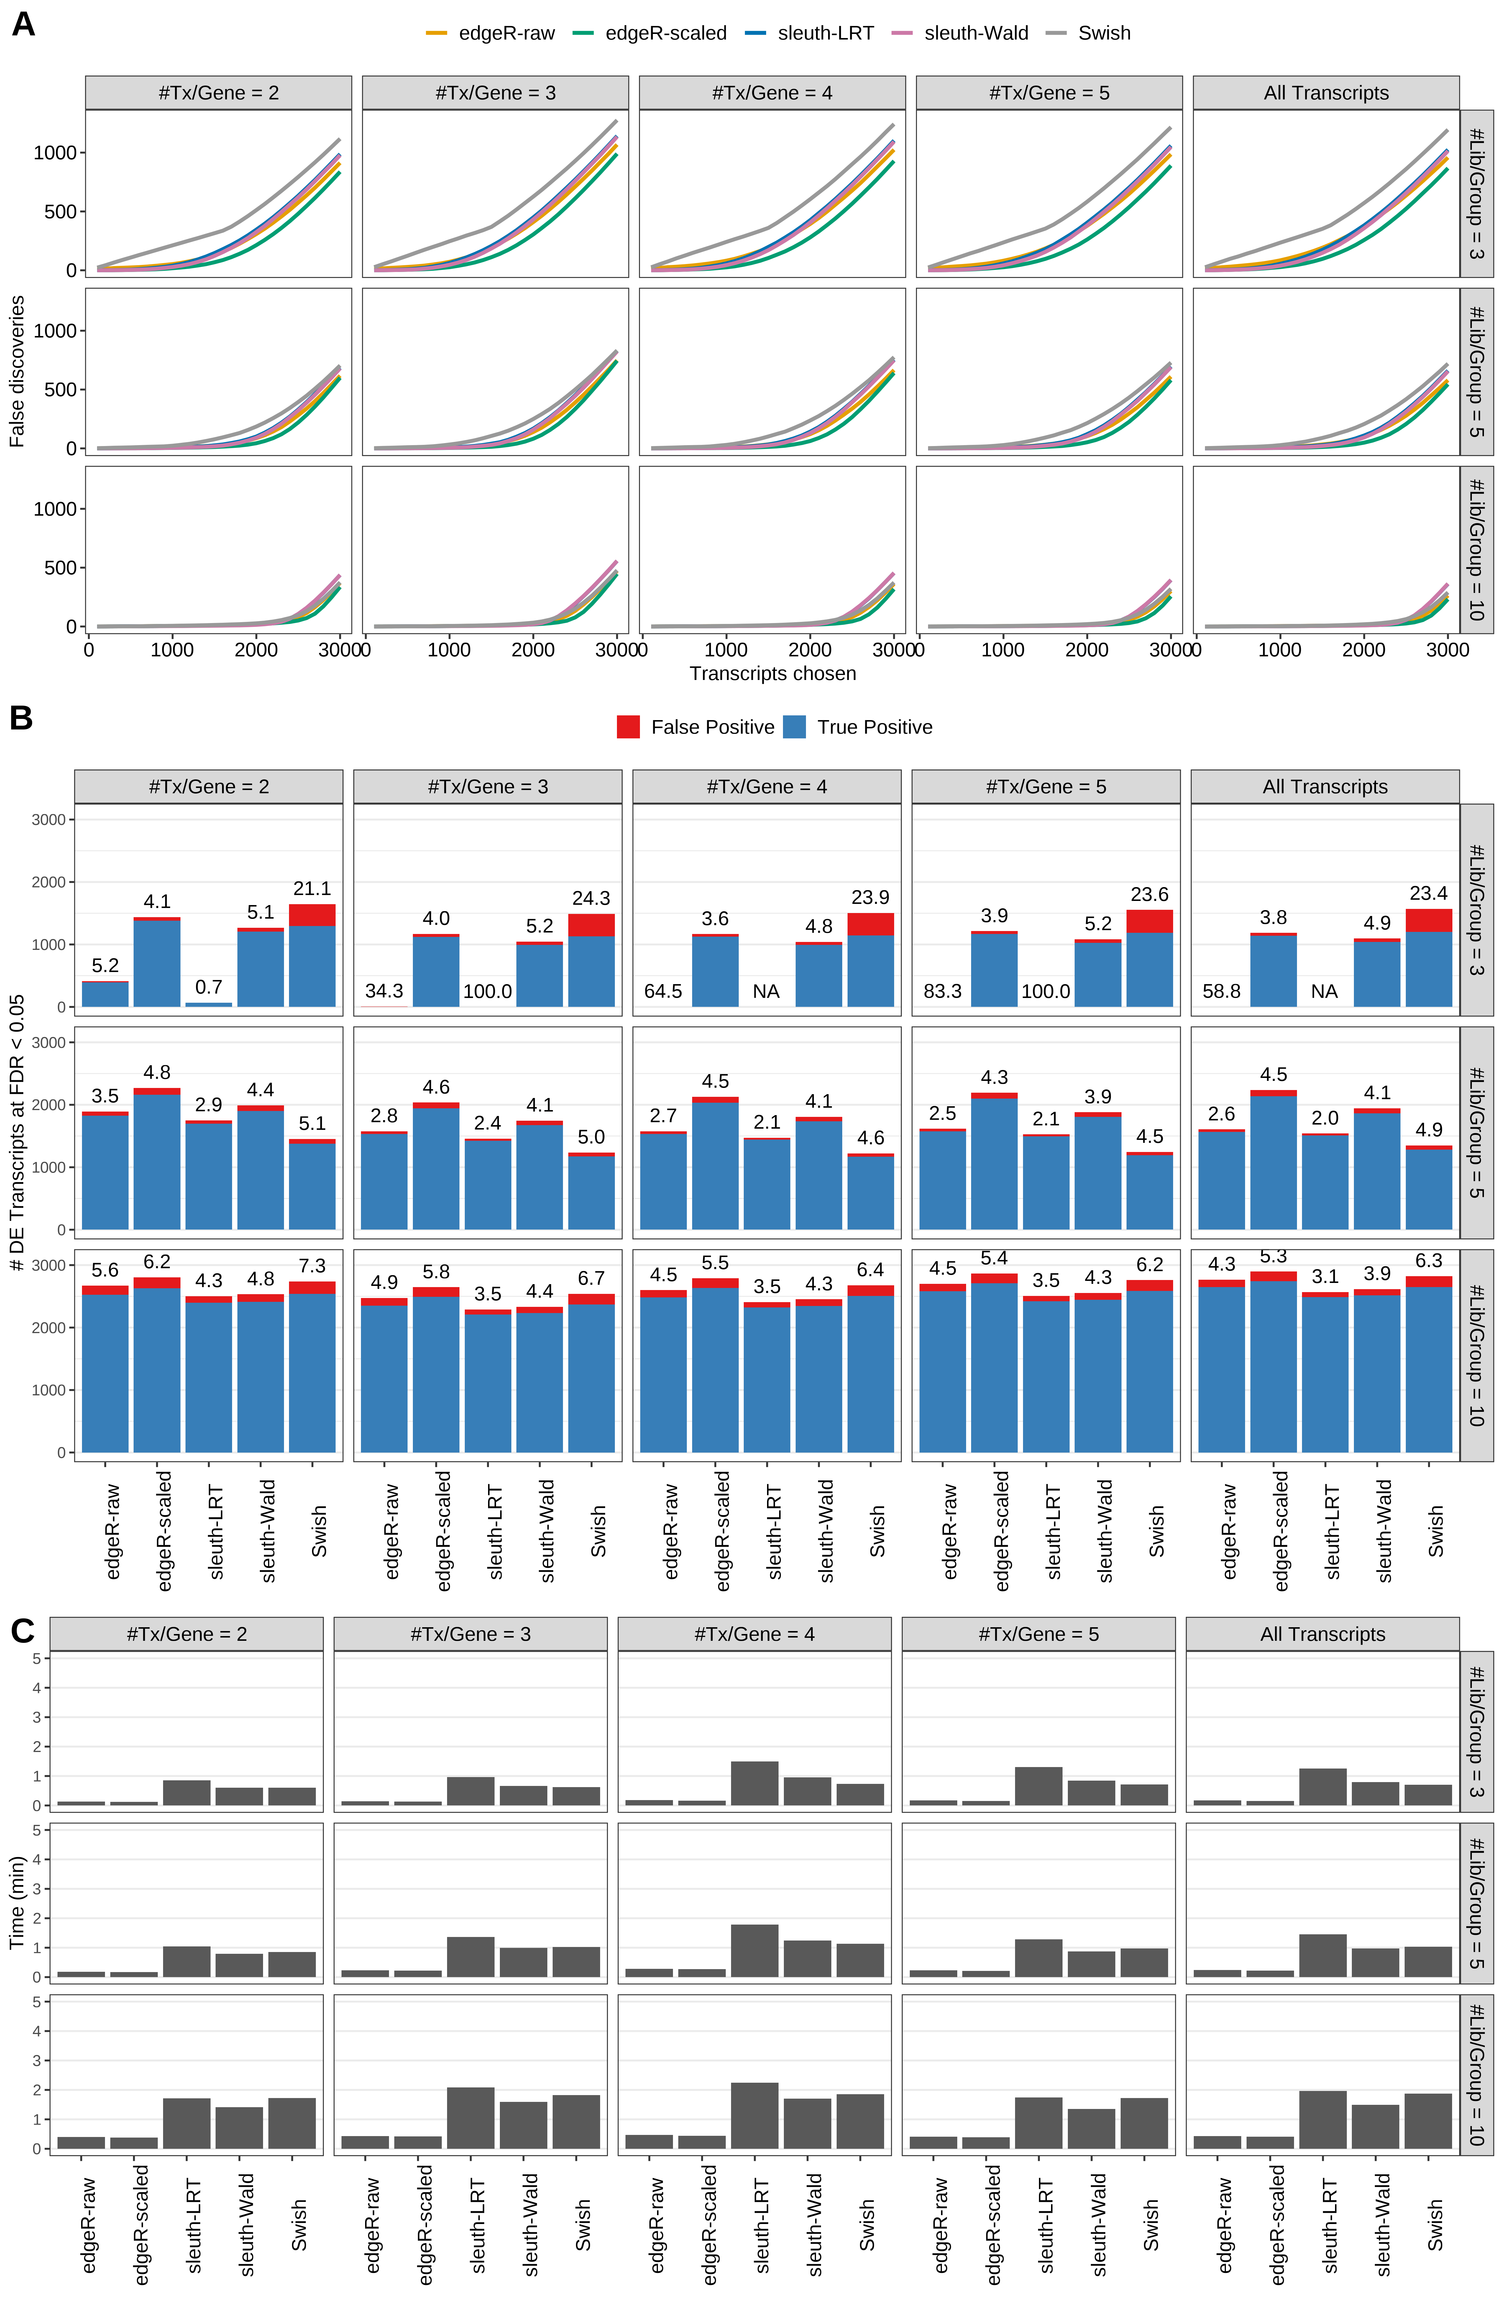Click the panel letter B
21,718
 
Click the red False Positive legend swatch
628,727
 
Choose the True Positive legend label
874,727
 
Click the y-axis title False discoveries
17,371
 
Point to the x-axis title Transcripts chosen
772,674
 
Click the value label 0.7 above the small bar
209,987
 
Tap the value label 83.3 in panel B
943,991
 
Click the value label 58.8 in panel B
1222,991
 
